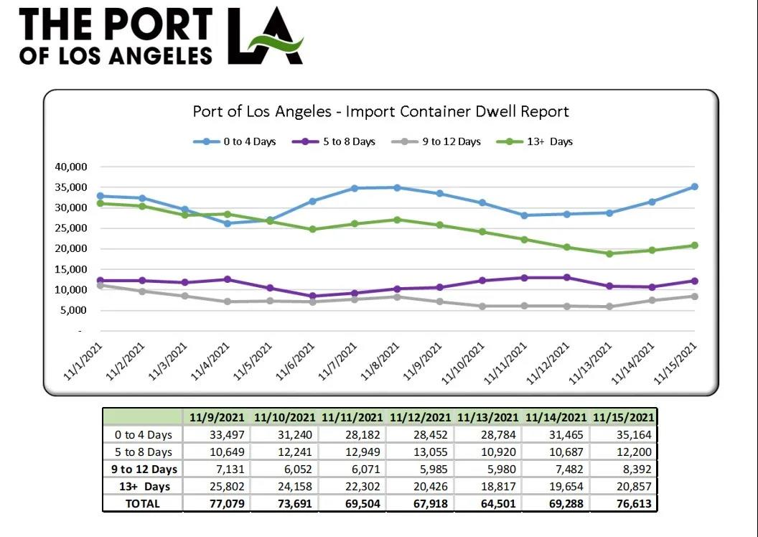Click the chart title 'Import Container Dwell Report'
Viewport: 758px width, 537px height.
380,111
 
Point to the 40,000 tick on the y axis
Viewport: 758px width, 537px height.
70,167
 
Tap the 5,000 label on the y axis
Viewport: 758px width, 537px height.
72,310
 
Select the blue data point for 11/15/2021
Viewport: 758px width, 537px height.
694,187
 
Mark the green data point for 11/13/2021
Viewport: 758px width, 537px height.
609,253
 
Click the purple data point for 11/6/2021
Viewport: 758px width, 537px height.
312,296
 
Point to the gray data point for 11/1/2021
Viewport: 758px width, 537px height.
100,285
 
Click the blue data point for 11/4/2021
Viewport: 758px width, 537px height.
228,223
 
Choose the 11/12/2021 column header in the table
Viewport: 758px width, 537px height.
420,417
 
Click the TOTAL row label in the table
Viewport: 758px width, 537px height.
143,503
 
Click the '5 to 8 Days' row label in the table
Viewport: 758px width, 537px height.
143,452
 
